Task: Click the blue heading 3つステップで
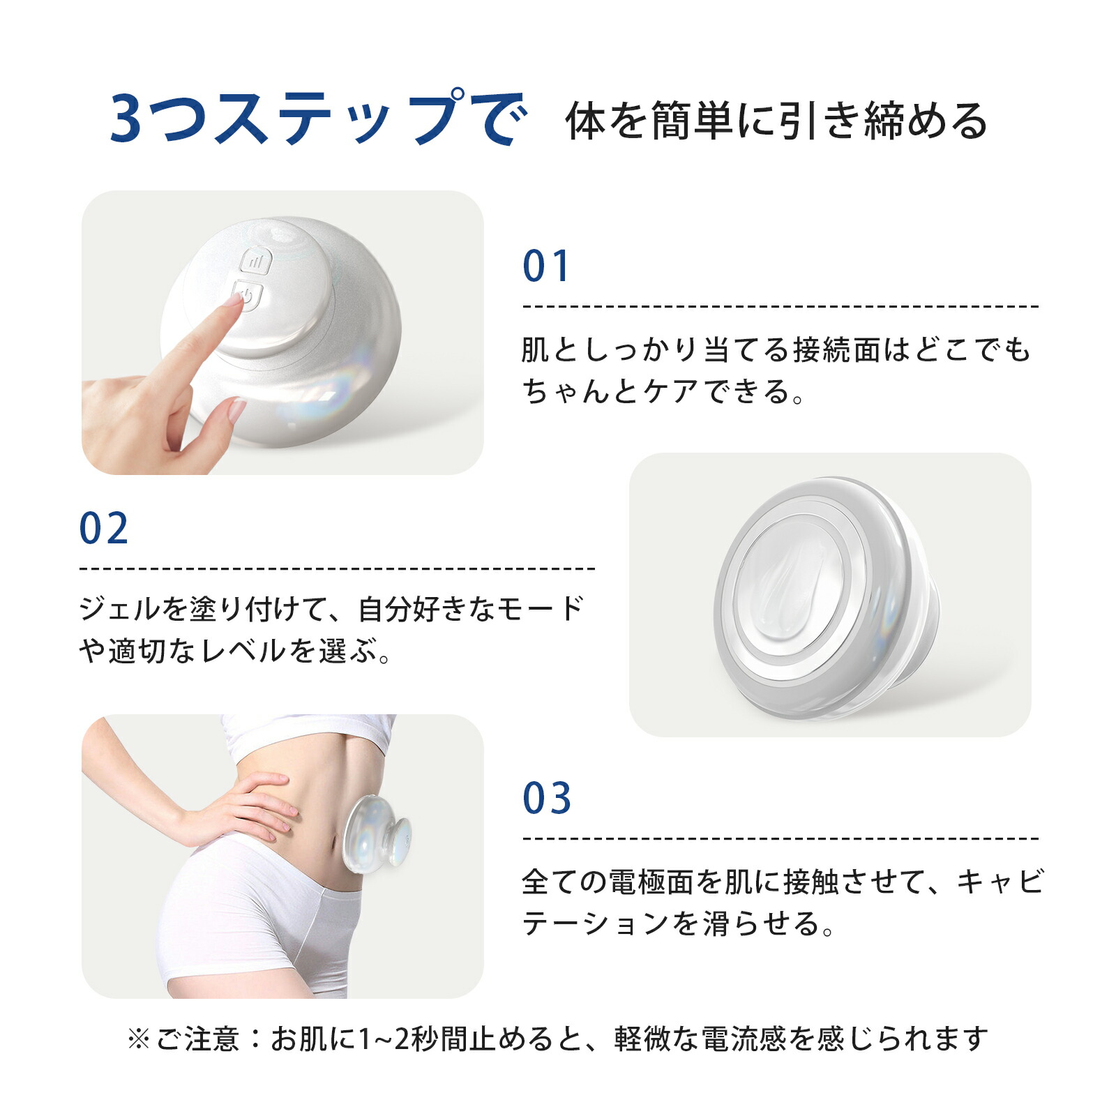317,119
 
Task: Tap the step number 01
546,266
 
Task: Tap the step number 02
104,529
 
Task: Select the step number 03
547,799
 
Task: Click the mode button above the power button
256,262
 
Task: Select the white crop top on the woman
307,732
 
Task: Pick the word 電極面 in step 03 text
651,882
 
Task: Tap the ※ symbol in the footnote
138,1039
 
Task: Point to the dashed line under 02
338,569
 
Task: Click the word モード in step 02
540,610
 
